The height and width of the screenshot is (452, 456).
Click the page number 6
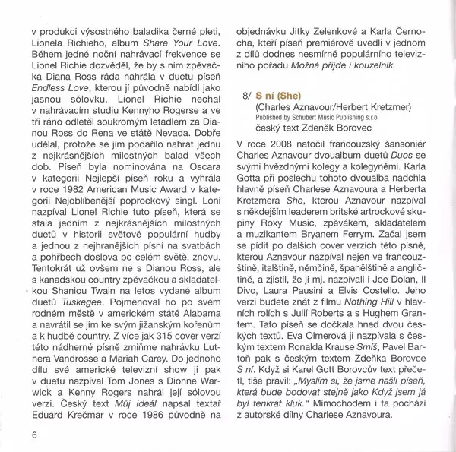pyautogui.click(x=35, y=434)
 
